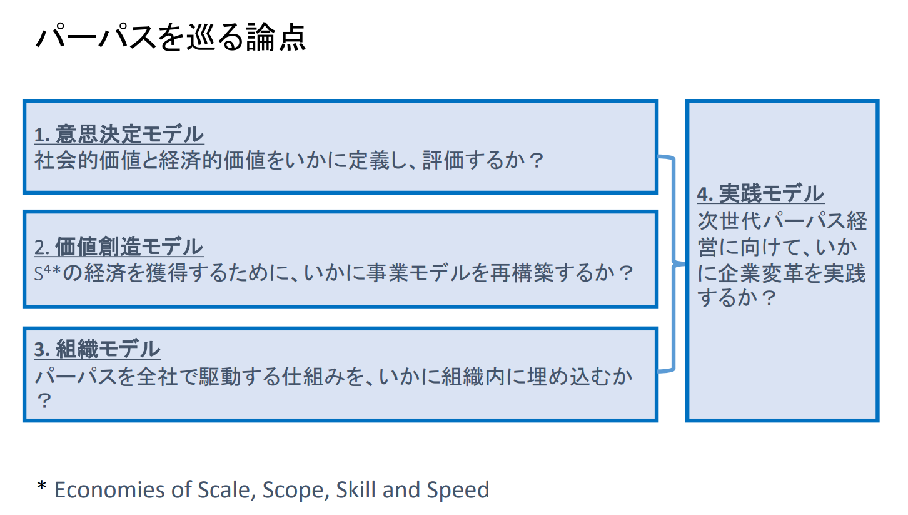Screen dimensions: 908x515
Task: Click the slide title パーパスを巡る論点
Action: (x=171, y=38)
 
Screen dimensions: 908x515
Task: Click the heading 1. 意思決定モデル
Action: (x=119, y=134)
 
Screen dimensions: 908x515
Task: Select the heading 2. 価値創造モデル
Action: (x=118, y=247)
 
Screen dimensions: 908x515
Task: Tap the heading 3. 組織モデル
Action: (x=98, y=349)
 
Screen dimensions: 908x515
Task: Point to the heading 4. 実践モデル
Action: (x=760, y=193)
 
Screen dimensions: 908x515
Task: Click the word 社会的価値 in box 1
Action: (x=88, y=160)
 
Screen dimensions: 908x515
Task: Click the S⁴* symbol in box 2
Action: (x=48, y=272)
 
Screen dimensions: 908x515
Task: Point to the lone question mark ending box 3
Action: (x=44, y=401)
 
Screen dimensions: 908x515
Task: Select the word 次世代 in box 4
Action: (x=729, y=221)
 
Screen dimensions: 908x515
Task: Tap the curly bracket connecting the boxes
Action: (x=673, y=263)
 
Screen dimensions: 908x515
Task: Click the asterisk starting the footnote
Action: (x=41, y=486)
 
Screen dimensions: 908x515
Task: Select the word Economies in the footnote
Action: (x=110, y=490)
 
